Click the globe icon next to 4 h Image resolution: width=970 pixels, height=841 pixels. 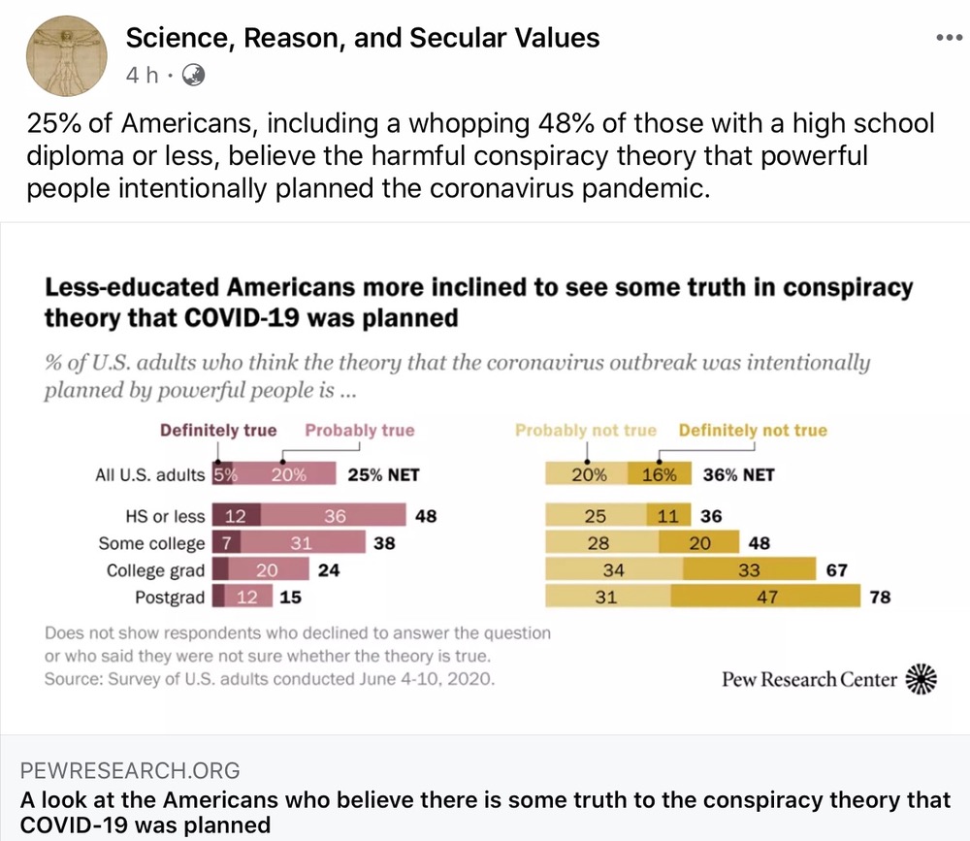point(193,75)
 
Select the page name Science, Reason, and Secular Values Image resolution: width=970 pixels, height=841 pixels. point(363,38)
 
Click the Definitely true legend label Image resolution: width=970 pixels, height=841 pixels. point(218,431)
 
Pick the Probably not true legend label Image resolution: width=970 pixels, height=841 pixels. point(586,431)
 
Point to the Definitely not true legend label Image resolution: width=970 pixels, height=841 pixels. point(753,431)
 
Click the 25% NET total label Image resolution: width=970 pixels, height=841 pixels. point(383,475)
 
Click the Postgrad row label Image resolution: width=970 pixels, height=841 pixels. point(170,598)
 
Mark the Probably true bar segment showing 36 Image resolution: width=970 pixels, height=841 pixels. point(335,517)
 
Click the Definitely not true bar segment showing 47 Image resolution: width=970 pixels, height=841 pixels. point(768,598)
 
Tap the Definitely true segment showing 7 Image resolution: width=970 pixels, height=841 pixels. point(224,544)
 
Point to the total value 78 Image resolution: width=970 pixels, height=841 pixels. point(879,598)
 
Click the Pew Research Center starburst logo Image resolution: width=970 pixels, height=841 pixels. point(921,680)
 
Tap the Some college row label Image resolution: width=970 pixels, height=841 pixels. point(152,544)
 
